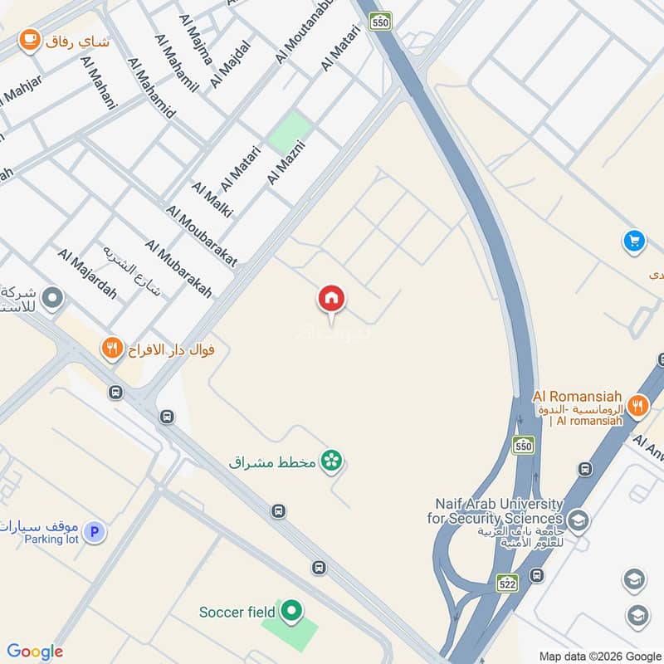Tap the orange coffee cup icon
click(30, 39)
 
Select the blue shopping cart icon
click(634, 242)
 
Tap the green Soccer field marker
click(290, 613)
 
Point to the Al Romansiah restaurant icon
click(637, 405)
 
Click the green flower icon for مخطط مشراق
click(331, 461)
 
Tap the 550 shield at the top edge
click(380, 21)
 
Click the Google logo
click(35, 652)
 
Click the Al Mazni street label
click(286, 163)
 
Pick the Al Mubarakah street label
click(178, 268)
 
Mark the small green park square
click(290, 131)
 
